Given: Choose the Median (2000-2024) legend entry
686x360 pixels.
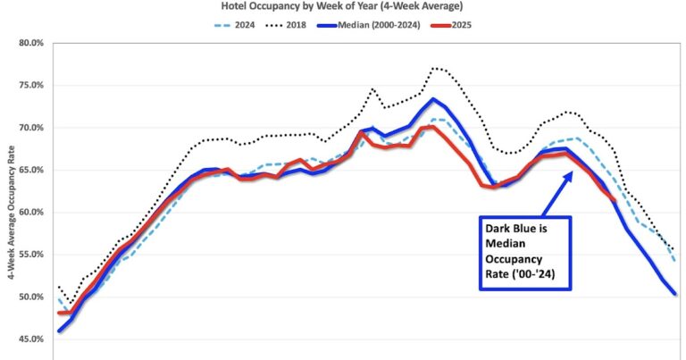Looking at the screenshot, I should tap(390, 24).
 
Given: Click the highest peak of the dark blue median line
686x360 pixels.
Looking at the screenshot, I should tap(432, 99).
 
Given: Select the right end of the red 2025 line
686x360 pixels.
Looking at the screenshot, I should tap(614, 200).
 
